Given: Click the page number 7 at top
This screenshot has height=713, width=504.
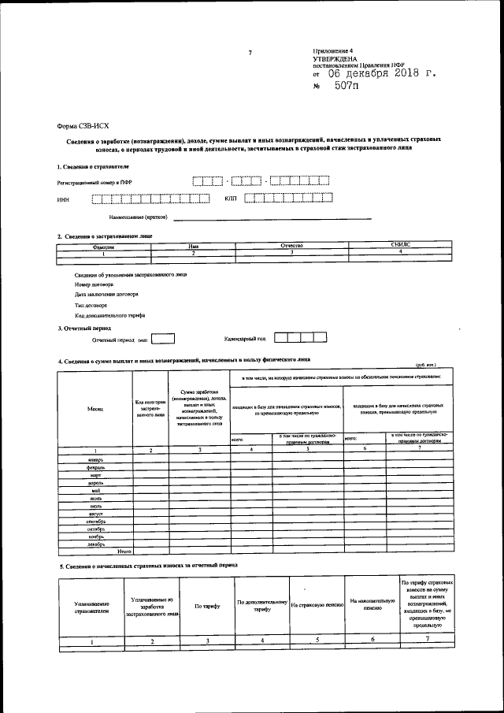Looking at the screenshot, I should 250,53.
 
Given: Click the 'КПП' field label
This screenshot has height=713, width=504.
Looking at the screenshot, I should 231,199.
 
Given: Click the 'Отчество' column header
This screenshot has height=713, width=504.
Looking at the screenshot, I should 291,247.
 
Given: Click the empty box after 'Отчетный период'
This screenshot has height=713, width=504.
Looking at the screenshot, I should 163,339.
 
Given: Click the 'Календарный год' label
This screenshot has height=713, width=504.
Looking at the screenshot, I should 245,339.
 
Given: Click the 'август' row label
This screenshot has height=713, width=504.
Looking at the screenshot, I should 95,513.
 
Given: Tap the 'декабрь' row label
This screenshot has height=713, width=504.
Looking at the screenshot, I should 95,544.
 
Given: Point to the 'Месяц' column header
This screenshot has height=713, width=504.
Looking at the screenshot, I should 95,408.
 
